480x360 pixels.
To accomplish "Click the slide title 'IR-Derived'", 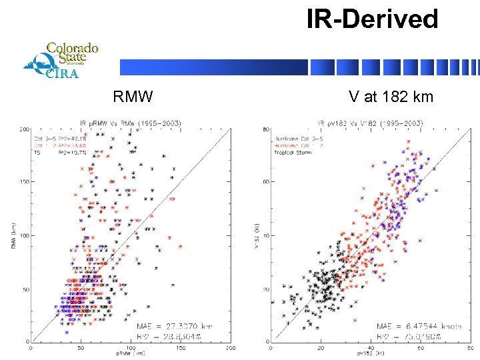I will click(x=372, y=19).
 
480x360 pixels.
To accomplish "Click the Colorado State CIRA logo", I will click(x=61, y=60).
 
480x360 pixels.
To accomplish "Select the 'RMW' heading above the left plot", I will click(x=133, y=97).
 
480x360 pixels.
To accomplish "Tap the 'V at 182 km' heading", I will click(x=391, y=97).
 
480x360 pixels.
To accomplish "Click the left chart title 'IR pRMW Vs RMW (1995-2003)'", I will click(x=131, y=123).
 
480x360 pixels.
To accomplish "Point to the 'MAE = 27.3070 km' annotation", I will click(x=175, y=326).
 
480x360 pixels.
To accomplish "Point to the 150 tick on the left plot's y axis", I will click(x=25, y=182).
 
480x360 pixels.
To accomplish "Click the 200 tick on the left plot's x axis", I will click(x=229, y=348).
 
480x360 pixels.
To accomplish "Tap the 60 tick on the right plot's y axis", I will click(x=265, y=182).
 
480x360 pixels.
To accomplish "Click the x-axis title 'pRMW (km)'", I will click(x=131, y=353).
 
